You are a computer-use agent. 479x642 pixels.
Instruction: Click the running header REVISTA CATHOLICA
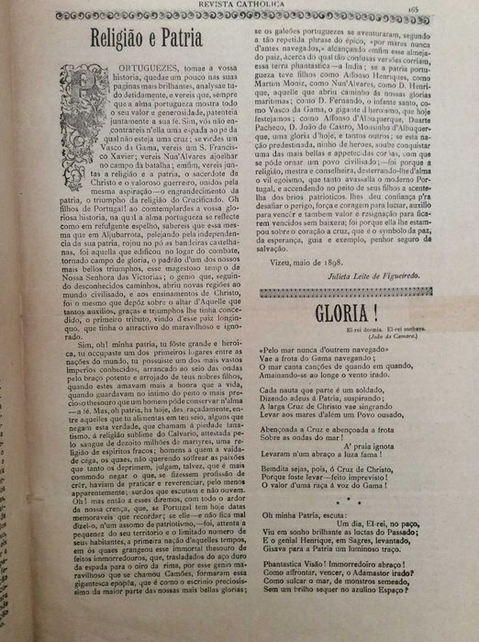point(239,6)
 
